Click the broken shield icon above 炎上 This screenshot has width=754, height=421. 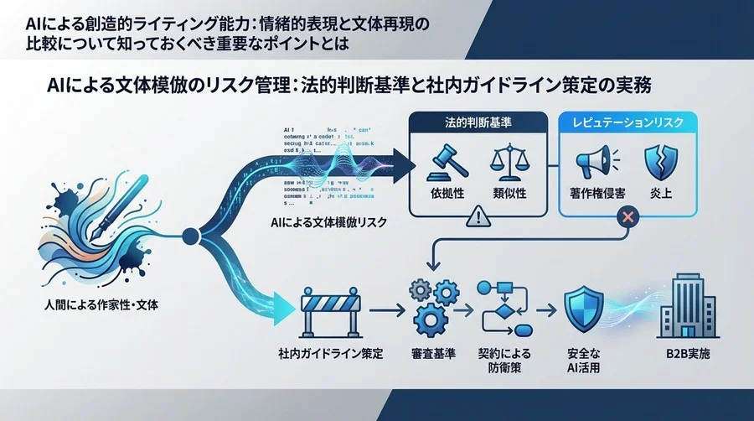(x=658, y=163)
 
